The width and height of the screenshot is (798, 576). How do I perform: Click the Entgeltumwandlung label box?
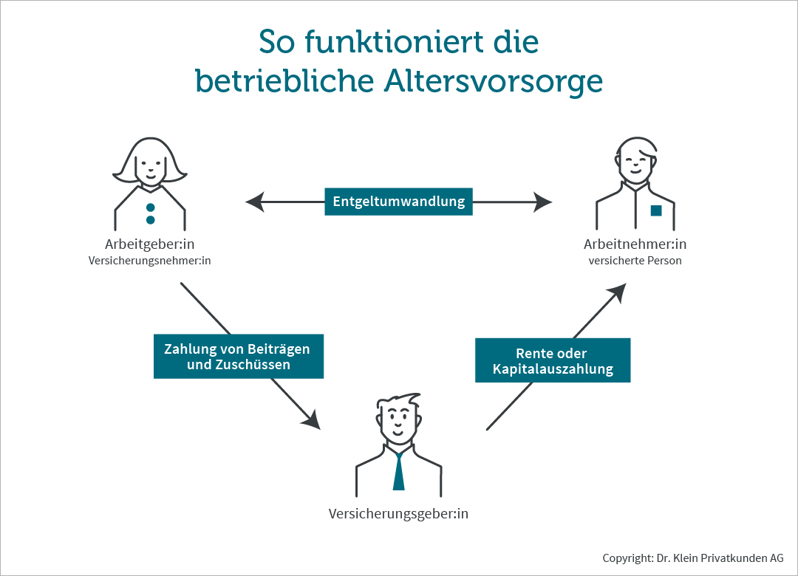coord(398,202)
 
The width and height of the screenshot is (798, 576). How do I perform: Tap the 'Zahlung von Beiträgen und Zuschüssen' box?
coord(238,356)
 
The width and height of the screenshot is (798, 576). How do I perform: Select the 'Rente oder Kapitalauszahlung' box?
coord(553,360)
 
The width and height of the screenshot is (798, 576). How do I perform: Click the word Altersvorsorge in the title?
coord(493,81)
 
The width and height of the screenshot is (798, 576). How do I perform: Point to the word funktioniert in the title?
coord(393,42)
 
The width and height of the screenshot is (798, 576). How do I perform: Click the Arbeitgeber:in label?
coord(149,244)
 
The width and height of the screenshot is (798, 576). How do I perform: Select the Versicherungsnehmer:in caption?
coord(149,261)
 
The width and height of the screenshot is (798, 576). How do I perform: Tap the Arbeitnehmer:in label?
coord(635,244)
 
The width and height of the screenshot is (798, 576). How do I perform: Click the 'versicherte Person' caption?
coord(635,261)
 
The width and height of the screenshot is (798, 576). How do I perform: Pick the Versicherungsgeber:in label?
coord(398,514)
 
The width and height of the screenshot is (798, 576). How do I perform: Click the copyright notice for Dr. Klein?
coord(693,558)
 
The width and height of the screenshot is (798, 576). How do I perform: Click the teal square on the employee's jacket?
coord(656,210)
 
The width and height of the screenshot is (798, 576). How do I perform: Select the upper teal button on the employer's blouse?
coord(150,208)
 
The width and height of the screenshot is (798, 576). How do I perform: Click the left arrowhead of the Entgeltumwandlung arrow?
coord(255,202)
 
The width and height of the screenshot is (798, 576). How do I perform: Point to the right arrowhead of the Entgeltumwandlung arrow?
coord(542,202)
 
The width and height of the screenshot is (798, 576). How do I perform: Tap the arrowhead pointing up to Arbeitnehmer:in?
coord(617,293)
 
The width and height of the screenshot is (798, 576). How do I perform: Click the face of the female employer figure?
coord(149,168)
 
